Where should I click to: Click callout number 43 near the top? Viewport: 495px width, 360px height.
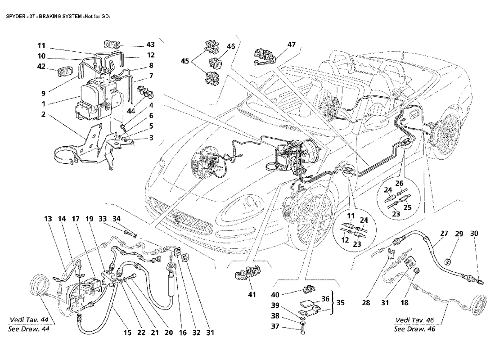coord(150,45)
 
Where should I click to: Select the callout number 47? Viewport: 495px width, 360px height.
coord(292,45)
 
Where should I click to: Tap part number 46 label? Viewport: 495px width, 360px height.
coord(231,47)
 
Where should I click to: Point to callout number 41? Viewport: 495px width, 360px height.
coord(252,295)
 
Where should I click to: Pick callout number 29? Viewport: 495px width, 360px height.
coord(459,234)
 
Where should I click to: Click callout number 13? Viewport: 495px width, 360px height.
coord(48,219)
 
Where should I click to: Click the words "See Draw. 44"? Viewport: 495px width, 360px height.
coord(29,328)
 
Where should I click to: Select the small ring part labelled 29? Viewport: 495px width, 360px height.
coord(448,261)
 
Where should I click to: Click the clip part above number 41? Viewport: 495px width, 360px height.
coord(244,274)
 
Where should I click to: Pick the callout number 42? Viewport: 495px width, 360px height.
coord(42,66)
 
